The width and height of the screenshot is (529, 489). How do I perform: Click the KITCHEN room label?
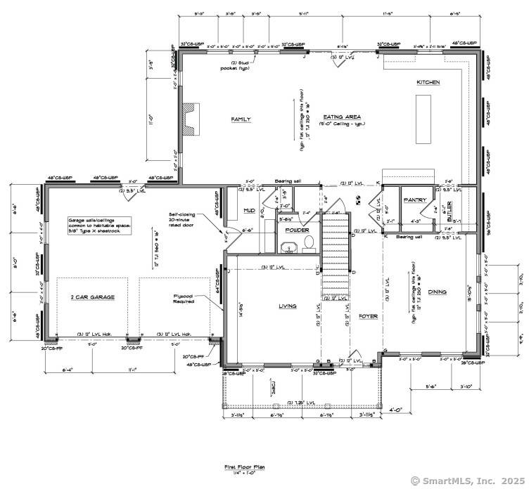428,82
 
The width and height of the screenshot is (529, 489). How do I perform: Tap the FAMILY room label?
241,119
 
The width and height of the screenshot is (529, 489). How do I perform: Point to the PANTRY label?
415,200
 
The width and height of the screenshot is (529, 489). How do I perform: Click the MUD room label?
249,210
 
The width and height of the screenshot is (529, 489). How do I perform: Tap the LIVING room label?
287,306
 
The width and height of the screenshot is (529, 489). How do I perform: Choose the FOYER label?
368,317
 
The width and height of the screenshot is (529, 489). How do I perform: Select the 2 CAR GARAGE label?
93,297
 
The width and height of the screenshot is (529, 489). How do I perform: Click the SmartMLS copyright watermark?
466,481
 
